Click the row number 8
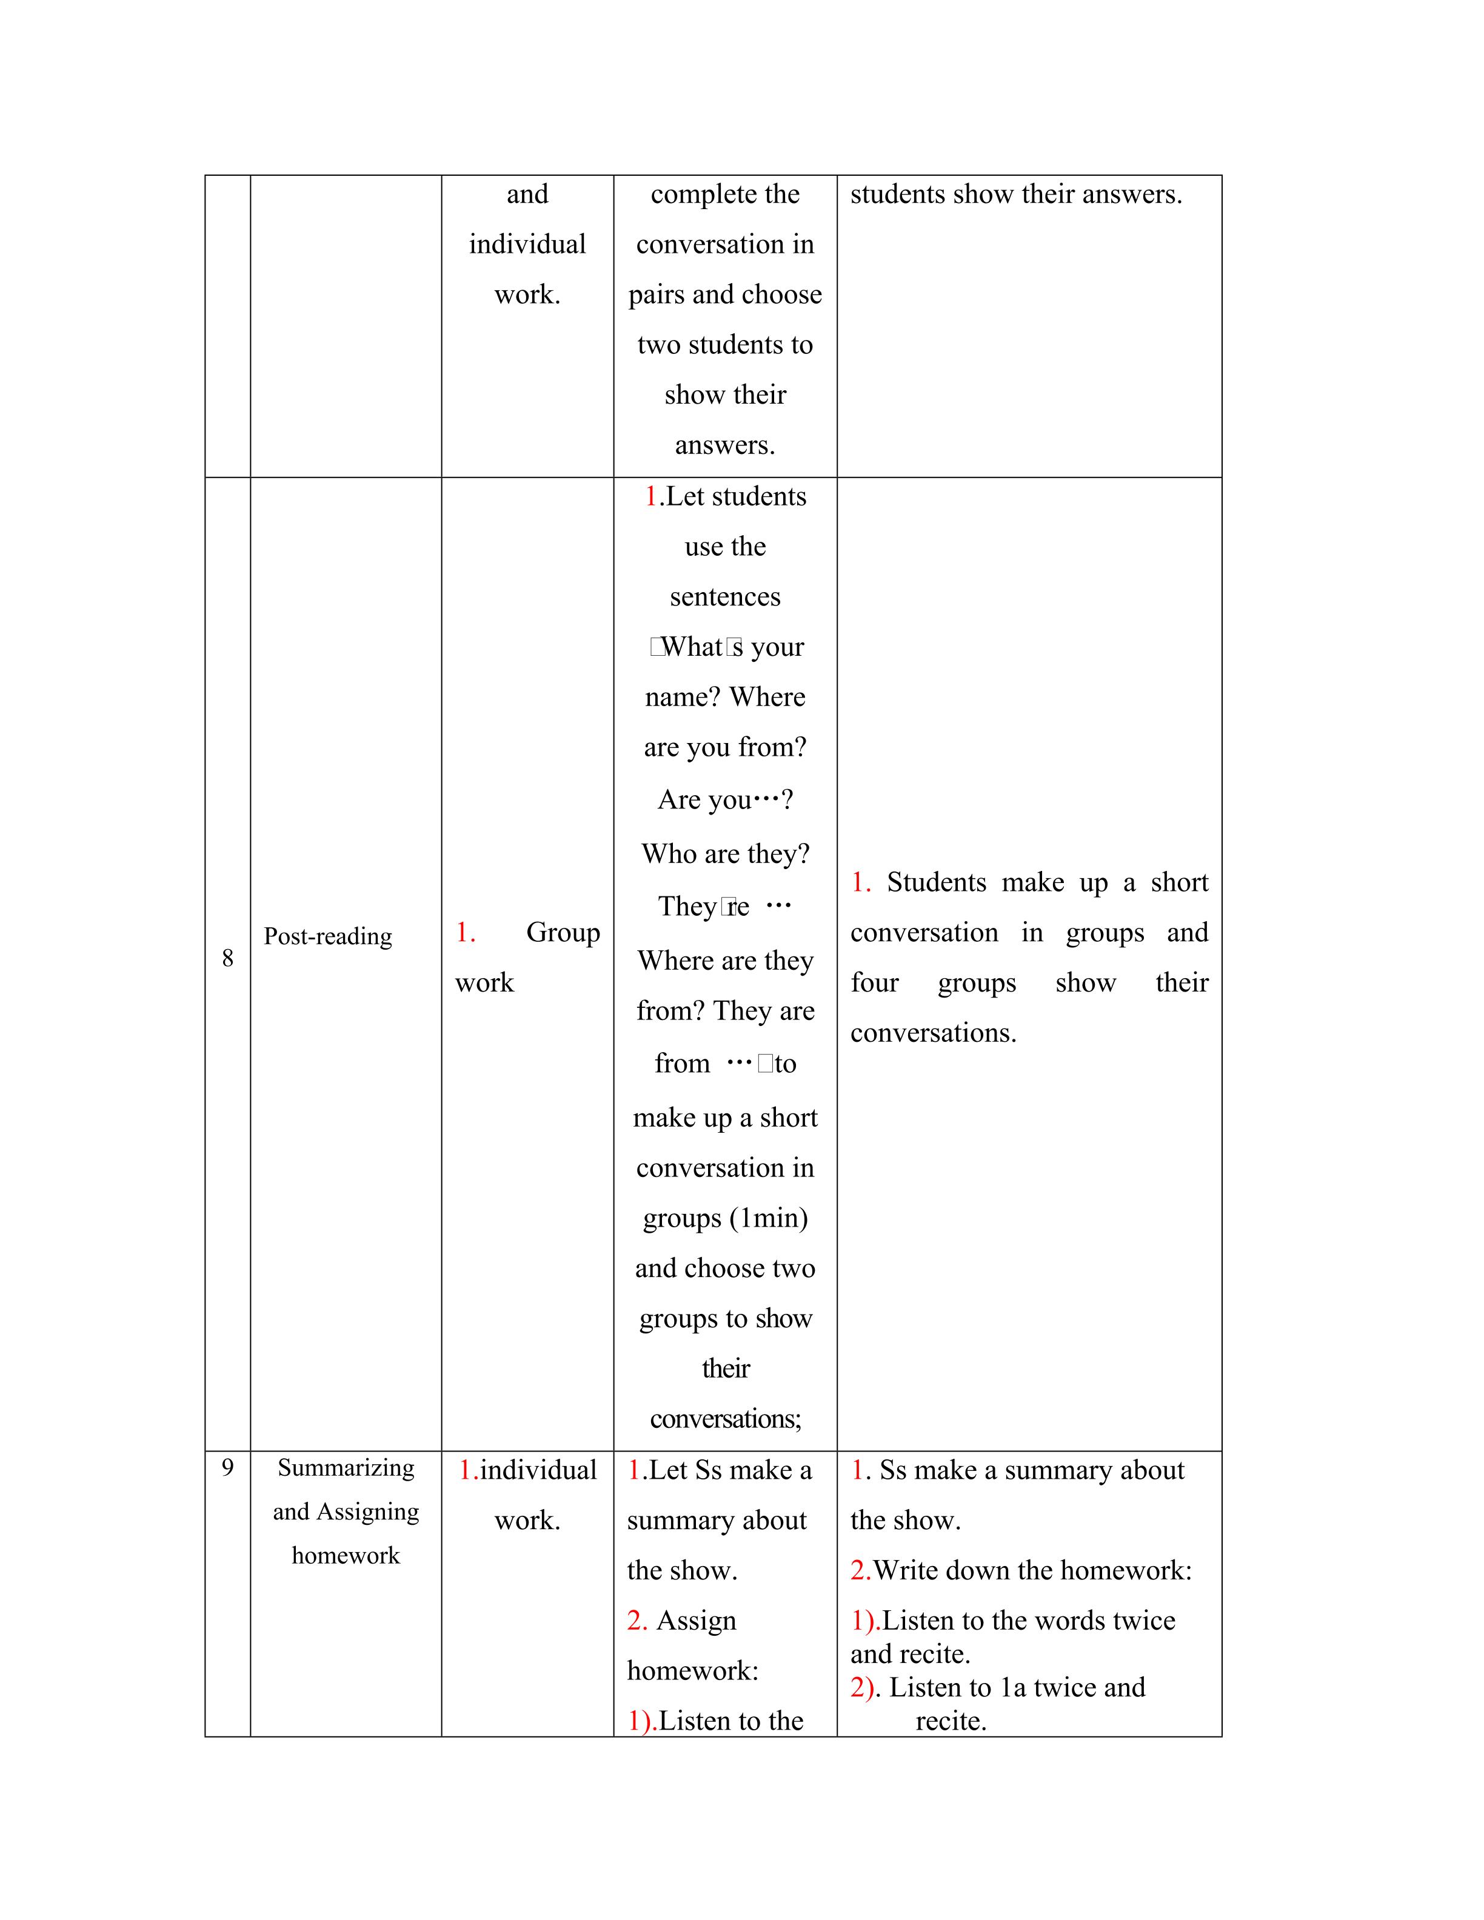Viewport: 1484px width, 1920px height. pyautogui.click(x=228, y=958)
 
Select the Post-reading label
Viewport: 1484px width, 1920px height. pyautogui.click(x=328, y=936)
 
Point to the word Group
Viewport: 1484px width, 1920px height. pyautogui.click(x=563, y=932)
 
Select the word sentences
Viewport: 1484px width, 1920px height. pyautogui.click(x=725, y=597)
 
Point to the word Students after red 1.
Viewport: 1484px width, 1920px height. pyautogui.click(x=937, y=882)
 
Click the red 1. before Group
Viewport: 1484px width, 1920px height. pyautogui.click(x=465, y=932)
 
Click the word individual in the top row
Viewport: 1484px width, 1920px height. pyautogui.click(x=527, y=244)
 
